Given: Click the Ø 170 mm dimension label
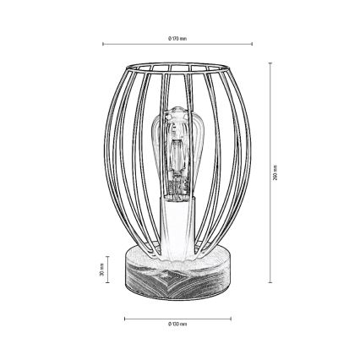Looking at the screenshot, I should click(177, 38).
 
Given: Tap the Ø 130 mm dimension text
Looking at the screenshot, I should click(177, 325).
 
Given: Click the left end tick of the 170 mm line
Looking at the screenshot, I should click(102, 45).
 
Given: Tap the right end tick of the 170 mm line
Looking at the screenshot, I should click(252, 45).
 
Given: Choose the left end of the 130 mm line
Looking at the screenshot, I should click(124, 319).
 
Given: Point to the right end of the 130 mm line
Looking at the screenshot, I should click(231, 319).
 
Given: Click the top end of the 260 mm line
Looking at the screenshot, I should click(270, 61).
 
